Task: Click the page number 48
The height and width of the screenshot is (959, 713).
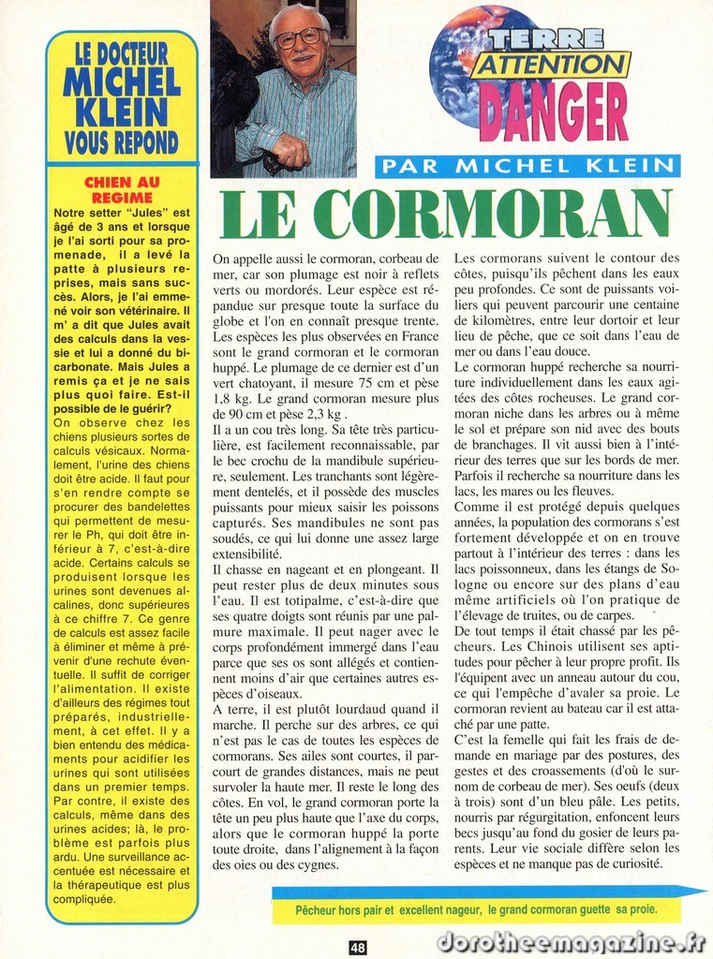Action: pos(358,947)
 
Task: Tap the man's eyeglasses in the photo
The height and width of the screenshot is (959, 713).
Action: pos(300,38)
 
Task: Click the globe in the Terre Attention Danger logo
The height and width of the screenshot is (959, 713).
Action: pos(459,66)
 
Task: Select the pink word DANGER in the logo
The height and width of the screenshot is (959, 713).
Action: pos(553,111)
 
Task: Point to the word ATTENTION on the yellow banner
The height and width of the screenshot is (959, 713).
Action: pos(551,64)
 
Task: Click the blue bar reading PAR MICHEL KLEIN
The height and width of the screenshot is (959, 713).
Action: pos(527,167)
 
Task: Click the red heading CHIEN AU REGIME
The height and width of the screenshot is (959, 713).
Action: pos(122,190)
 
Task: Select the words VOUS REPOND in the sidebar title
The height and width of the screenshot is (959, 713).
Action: pos(122,142)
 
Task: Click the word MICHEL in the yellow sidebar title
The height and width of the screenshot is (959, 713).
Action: pos(122,82)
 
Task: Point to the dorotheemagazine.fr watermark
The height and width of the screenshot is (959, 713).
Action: pos(572,942)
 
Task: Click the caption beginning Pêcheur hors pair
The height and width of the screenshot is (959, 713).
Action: pos(476,909)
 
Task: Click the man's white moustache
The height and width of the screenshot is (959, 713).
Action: pos(302,56)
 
